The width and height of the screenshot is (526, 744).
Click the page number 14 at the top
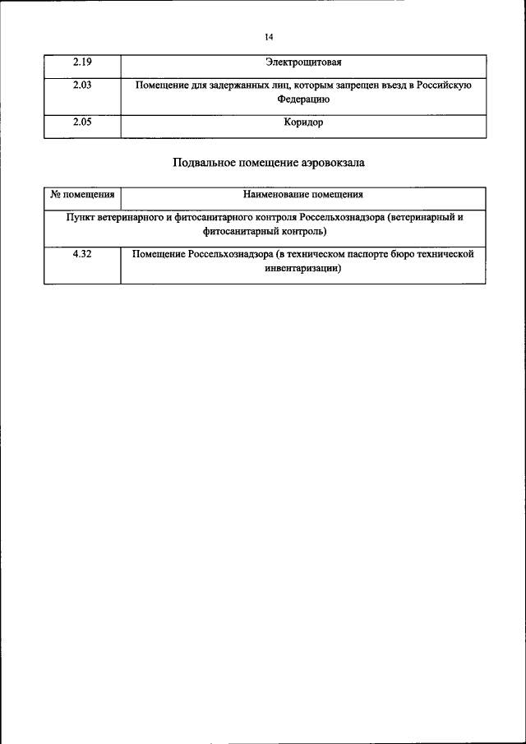coord(269,36)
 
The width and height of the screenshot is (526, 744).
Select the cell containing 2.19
coord(81,62)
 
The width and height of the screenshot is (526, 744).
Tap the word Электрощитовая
coord(302,62)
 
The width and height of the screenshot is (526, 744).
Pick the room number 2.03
coord(81,85)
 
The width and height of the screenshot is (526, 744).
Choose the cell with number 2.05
coord(81,122)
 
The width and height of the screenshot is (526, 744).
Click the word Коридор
coord(302,122)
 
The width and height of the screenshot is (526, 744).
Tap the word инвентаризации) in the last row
coord(302,268)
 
